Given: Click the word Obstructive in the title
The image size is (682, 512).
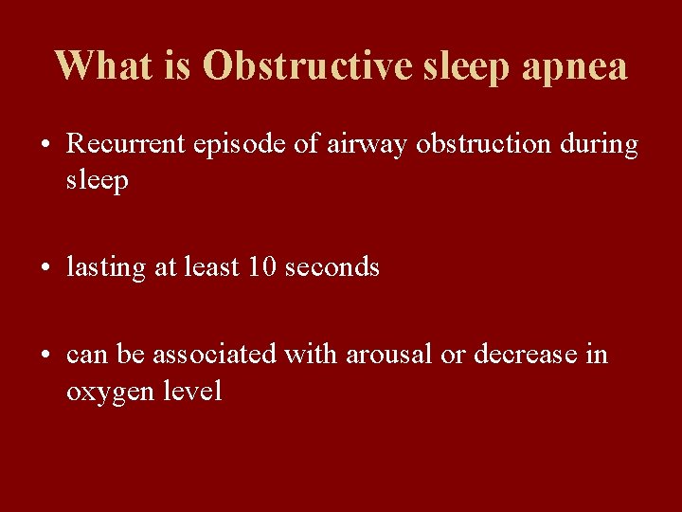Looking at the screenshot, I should click(309, 66).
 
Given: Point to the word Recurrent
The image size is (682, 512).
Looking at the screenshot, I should click(126, 144).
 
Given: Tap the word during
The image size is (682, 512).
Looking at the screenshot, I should click(599, 144).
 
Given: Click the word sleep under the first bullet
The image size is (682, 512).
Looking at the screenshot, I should click(97, 181).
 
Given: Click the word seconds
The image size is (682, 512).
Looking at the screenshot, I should click(332, 267).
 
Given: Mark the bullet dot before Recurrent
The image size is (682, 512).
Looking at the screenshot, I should click(45, 146).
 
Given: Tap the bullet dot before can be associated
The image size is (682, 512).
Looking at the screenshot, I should click(45, 356).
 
